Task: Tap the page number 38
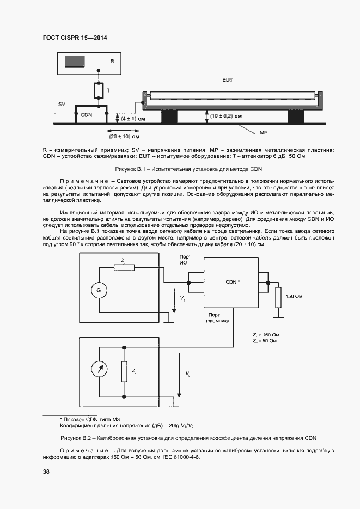pyautogui.click(x=46, y=471)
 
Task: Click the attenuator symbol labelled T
pyautogui.click(x=99, y=91)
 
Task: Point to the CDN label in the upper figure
pyautogui.click(x=86, y=115)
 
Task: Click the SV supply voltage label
pyautogui.click(x=62, y=103)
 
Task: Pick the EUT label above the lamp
pyautogui.click(x=228, y=80)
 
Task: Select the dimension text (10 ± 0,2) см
pyautogui.click(x=227, y=116)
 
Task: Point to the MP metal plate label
pyautogui.click(x=263, y=133)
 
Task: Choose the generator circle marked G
pyautogui.click(x=99, y=291)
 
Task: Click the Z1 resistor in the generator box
pyautogui.click(x=124, y=267)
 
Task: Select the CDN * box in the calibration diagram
pyautogui.click(x=231, y=283)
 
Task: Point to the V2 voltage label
pyautogui.click(x=188, y=374)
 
